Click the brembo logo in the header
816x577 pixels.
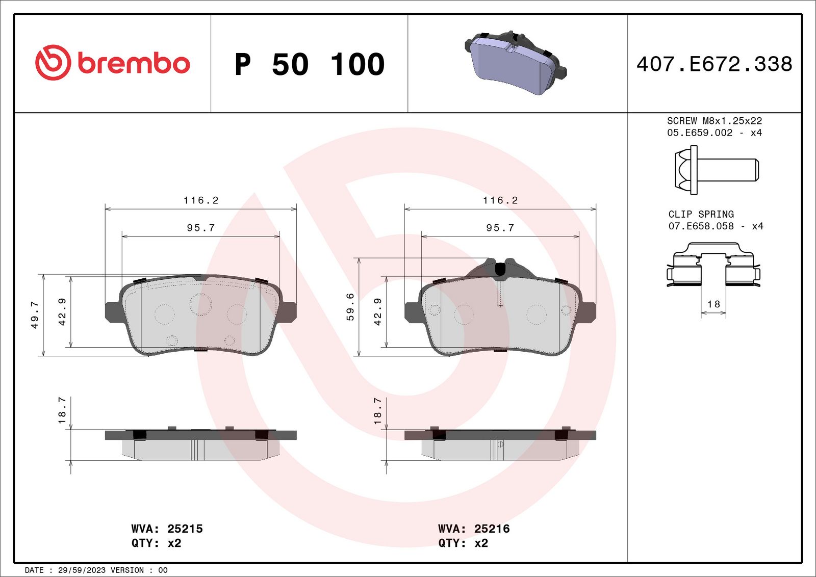[113, 63]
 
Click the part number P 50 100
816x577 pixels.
[310, 64]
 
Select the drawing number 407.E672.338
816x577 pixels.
[715, 64]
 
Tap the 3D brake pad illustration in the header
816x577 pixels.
[516, 63]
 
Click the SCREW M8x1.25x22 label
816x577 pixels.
[715, 121]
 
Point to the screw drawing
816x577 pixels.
[717, 170]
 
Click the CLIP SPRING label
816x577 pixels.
[701, 214]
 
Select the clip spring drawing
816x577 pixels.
[713, 265]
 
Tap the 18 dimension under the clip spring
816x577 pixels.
[713, 304]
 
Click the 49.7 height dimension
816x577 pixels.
[35, 315]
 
